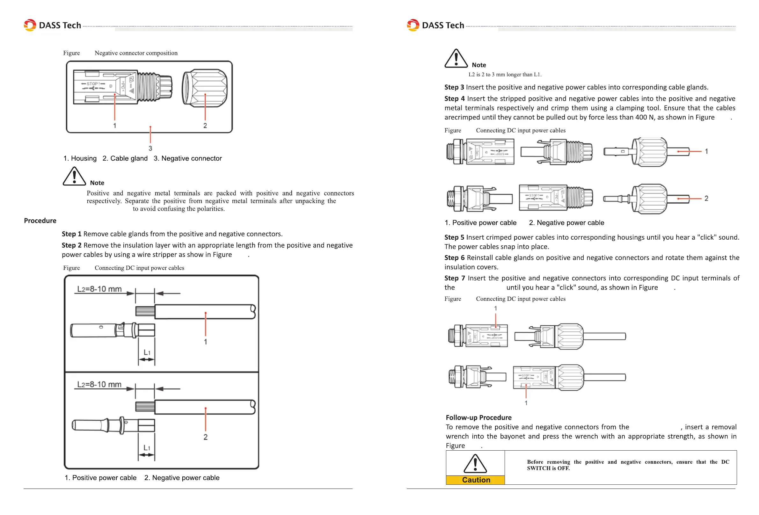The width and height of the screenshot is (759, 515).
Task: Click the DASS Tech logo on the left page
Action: (x=52, y=25)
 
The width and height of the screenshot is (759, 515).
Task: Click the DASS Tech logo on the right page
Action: (x=435, y=25)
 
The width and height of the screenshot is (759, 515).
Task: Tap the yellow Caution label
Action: (x=476, y=480)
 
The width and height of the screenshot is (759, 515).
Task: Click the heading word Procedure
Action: (x=40, y=221)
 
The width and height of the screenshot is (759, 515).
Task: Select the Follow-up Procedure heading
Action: (x=478, y=417)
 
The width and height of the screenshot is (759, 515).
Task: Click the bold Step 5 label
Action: (x=454, y=237)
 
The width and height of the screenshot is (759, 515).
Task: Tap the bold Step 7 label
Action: (x=454, y=278)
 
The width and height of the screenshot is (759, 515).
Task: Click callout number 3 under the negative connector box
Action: (x=150, y=148)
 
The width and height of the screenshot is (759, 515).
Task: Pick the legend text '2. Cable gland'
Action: (x=125, y=158)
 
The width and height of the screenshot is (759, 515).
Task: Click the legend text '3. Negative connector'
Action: (x=188, y=158)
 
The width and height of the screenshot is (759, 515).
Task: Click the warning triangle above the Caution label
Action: (x=475, y=464)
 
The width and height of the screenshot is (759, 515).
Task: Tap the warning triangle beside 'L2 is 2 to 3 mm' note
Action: (x=456, y=58)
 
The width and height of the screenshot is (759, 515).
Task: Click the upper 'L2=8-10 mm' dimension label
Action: (x=99, y=289)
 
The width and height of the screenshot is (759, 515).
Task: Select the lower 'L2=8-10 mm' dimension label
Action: (x=99, y=384)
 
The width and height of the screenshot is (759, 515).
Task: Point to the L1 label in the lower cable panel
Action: (x=147, y=448)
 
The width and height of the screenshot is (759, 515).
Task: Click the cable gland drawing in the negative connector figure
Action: (x=204, y=88)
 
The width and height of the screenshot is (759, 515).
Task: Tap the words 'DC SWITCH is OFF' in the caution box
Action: (x=548, y=468)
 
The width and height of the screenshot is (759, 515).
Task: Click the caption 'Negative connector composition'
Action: (x=136, y=53)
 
